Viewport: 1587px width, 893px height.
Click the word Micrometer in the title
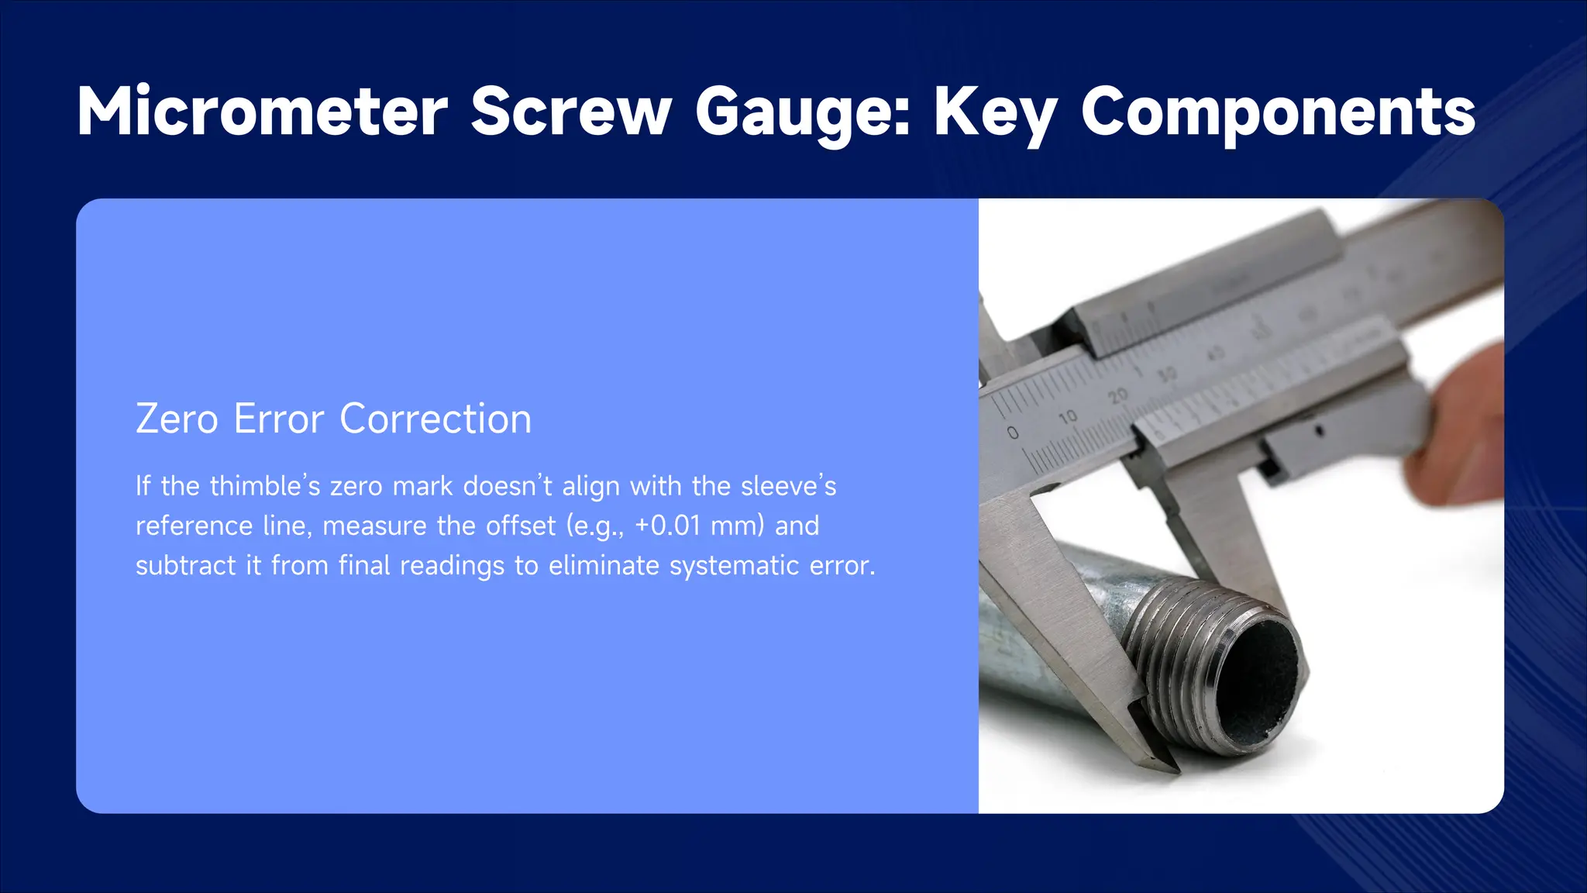coord(262,112)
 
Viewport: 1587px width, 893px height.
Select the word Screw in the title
coord(570,112)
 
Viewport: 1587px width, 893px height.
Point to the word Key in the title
coord(995,113)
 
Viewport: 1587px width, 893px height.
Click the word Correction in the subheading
coord(435,419)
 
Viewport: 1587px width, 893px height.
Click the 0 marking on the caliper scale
coord(1013,433)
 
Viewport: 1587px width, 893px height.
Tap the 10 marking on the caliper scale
coord(1068,417)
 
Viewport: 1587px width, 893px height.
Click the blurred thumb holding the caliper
coord(1465,434)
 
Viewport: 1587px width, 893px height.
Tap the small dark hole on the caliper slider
coord(1320,429)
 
